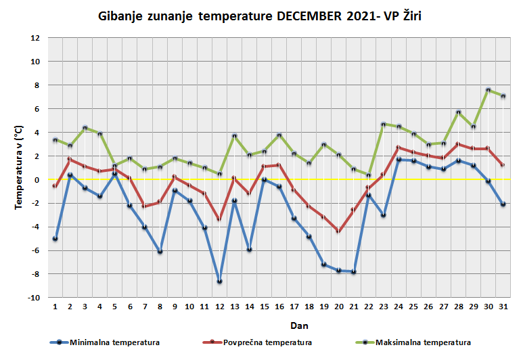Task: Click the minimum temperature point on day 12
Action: [219, 281]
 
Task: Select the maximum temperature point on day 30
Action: [489, 90]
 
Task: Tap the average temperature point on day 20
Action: [338, 231]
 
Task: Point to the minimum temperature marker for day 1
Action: [55, 238]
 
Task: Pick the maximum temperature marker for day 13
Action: [234, 136]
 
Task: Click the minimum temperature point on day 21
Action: [353, 272]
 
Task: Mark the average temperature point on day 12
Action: [219, 219]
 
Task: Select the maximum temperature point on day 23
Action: [384, 124]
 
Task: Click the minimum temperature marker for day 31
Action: [503, 204]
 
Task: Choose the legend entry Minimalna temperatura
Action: [105, 342]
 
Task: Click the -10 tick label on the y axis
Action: [35, 298]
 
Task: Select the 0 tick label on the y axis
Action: [37, 180]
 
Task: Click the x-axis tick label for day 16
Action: [279, 307]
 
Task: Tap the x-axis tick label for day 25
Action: [413, 307]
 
